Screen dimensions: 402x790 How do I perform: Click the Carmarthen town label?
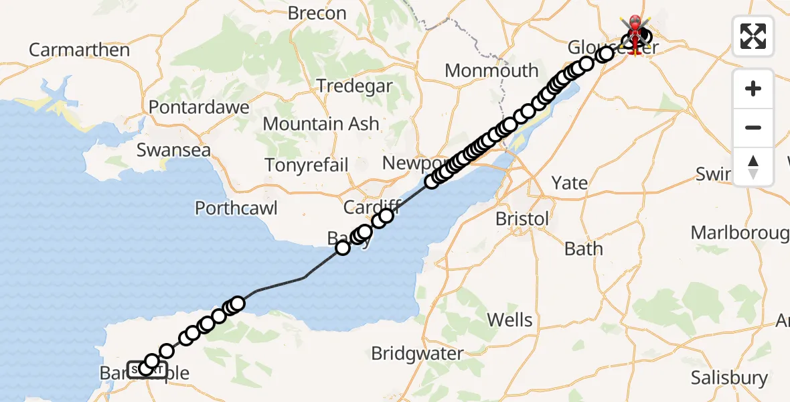[x=79, y=50]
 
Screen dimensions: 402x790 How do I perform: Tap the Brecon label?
[x=317, y=13]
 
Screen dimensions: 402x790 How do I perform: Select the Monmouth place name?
[x=491, y=70]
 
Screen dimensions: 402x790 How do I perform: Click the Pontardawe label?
[x=199, y=107]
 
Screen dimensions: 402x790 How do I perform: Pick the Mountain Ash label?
[x=321, y=124]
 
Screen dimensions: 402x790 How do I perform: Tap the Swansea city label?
[x=173, y=149]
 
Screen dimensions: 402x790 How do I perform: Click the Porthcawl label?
[x=236, y=208]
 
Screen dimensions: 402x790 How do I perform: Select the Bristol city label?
[x=522, y=219]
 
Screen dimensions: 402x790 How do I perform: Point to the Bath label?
[x=584, y=249]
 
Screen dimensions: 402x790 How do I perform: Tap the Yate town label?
[x=570, y=182]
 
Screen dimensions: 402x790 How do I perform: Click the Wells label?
[x=510, y=320]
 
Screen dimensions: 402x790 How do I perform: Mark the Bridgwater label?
[x=417, y=353]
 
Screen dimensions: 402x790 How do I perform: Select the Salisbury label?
[x=729, y=377]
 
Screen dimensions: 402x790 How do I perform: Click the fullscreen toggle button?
[x=753, y=36]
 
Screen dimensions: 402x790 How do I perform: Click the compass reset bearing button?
[x=753, y=165]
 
